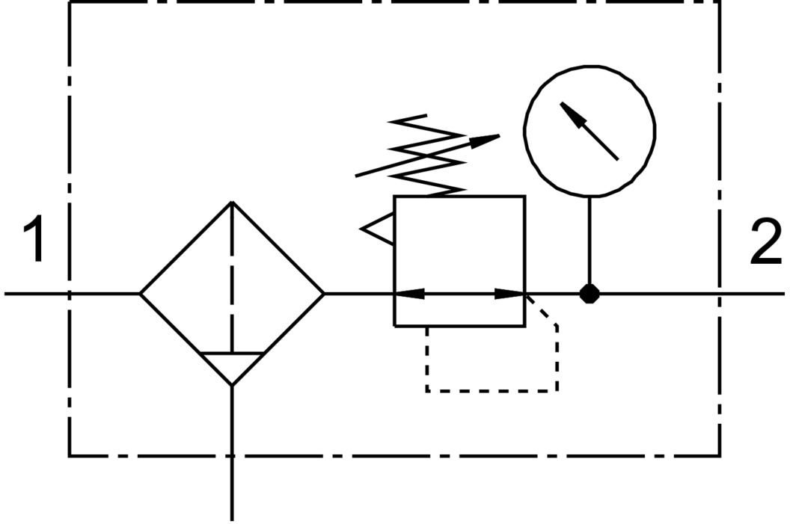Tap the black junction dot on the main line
pos(590,294)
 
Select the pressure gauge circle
pos(590,130)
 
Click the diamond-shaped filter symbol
pos(233,293)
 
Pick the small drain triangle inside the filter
pos(233,366)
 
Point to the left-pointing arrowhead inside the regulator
pos(408,294)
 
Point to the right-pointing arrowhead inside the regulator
pos(511,294)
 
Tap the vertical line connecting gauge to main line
pos(590,239)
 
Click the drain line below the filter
pos(233,456)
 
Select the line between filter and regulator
pos(359,294)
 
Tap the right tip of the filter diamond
pos(323,294)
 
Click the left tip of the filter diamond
pos(142,294)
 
